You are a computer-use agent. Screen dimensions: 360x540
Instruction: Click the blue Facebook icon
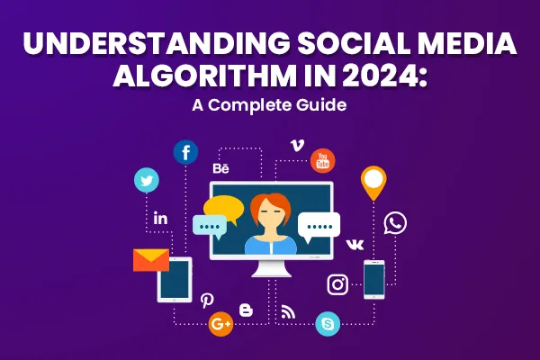click(186, 152)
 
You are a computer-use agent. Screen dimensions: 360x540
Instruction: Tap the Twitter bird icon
click(146, 180)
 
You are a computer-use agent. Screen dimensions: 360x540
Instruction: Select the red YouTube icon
click(322, 161)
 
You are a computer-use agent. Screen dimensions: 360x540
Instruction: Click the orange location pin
click(373, 183)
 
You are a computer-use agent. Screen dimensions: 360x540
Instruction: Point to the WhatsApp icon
click(395, 223)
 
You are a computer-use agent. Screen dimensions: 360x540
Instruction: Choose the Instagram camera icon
click(337, 284)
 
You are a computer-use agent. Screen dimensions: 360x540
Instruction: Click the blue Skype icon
click(327, 323)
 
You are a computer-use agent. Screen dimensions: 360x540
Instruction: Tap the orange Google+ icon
click(220, 324)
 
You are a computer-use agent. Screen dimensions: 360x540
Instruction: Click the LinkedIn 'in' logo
click(161, 219)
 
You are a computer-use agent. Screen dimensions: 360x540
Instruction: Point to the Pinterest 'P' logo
click(207, 301)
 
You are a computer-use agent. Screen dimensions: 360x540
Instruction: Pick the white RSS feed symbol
click(288, 311)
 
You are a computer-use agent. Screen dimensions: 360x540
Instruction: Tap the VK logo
click(355, 244)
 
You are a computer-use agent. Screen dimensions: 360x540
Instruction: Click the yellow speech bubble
click(223, 209)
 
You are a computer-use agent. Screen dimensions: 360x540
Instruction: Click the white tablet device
click(175, 280)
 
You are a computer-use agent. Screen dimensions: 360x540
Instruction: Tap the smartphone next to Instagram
click(373, 279)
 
